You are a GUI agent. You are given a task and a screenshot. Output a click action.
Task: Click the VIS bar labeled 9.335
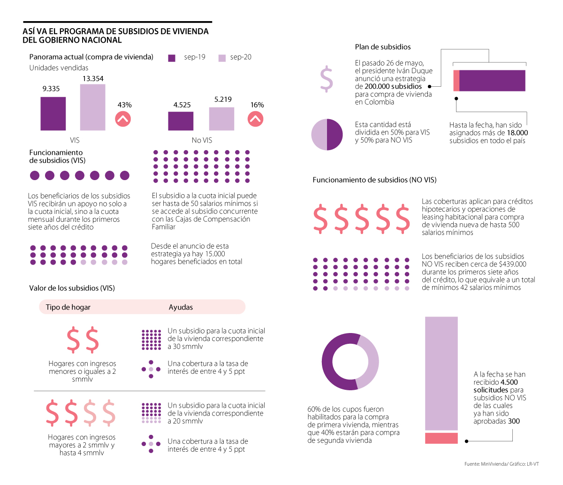pyautogui.click(x=53, y=114)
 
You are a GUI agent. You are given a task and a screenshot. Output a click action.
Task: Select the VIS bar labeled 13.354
pyautogui.click(x=92, y=107)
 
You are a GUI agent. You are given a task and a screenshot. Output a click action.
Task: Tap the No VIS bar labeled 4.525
pyautogui.click(x=180, y=121)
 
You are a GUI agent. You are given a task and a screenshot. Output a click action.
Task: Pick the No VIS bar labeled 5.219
pyautogui.click(x=221, y=119)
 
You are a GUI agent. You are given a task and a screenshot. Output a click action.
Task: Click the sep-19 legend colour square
pyautogui.click(x=172, y=58)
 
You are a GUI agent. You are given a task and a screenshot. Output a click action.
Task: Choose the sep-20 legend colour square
pyautogui.click(x=222, y=58)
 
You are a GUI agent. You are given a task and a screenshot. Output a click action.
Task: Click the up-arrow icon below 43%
pyautogui.click(x=123, y=119)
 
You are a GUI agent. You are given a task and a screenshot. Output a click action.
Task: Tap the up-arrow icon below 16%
pyautogui.click(x=256, y=119)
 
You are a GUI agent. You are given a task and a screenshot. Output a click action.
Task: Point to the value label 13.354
pyautogui.click(x=93, y=79)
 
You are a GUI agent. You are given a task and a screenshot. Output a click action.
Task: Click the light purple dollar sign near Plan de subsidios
pyautogui.click(x=326, y=79)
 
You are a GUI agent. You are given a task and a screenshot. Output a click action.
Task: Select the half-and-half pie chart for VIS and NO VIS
pyautogui.click(x=327, y=135)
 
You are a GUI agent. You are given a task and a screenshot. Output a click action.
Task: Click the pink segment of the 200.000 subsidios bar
pyautogui.click(x=456, y=80)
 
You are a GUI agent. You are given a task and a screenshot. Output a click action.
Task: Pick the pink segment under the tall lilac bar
pyautogui.click(x=441, y=438)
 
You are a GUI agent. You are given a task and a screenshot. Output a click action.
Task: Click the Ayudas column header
pyautogui.click(x=181, y=307)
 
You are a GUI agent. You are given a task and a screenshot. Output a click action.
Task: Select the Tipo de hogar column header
pyautogui.click(x=68, y=307)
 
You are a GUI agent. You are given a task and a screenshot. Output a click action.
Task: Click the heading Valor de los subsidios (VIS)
pyautogui.click(x=72, y=288)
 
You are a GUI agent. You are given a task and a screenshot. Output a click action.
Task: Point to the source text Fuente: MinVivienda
pyautogui.click(x=486, y=464)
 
